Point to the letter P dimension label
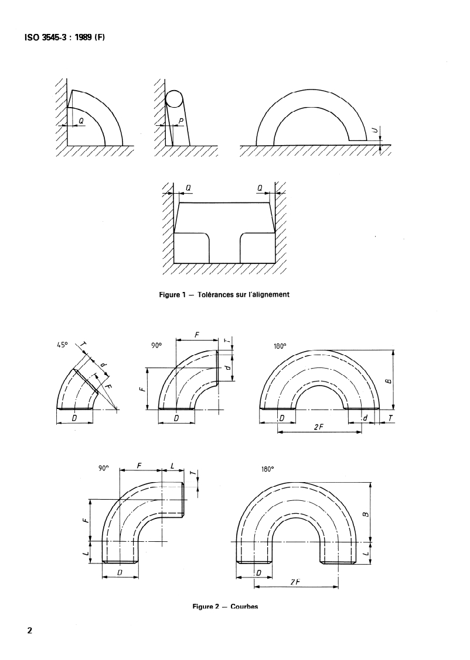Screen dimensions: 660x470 click(181, 121)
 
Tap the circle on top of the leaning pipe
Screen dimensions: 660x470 click(173, 99)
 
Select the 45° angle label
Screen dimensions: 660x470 click(63, 346)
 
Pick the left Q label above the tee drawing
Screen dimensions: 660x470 click(188, 188)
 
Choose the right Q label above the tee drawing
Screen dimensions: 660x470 click(260, 188)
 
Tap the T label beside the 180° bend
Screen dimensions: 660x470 click(390, 418)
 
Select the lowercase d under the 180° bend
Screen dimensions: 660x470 click(365, 418)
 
